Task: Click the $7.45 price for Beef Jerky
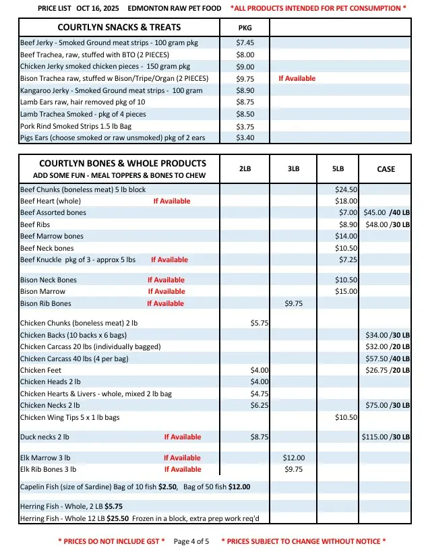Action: [245, 42]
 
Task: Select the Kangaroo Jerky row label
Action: [111, 90]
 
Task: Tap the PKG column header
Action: [245, 28]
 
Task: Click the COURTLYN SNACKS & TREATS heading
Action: [119, 28]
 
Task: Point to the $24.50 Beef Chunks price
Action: [346, 189]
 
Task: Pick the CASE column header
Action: [386, 169]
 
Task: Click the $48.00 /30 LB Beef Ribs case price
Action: [386, 224]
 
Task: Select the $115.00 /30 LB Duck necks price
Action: [386, 437]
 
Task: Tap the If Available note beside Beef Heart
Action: [172, 201]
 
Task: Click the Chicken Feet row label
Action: [41, 370]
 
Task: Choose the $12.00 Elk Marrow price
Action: [294, 458]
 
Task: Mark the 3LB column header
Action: [293, 169]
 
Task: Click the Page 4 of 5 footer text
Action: [191, 541]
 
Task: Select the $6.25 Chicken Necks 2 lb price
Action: [260, 405]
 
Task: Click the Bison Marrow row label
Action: [43, 291]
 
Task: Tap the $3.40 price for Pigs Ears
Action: [245, 138]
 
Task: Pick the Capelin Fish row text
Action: [135, 487]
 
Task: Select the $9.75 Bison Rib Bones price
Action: [294, 303]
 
